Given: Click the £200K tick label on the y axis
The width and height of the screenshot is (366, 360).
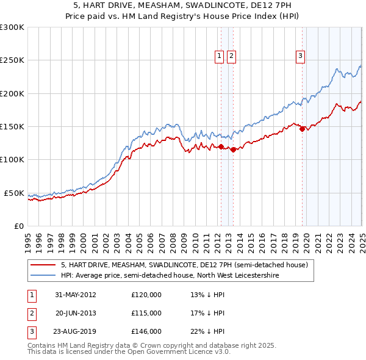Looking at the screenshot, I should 12,93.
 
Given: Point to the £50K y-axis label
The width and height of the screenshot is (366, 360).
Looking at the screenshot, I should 14,193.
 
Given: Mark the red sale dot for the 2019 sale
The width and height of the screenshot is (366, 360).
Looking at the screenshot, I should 302,129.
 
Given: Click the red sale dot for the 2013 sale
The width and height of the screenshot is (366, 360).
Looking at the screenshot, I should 234,149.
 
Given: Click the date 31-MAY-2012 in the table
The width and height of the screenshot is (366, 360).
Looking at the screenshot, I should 76,294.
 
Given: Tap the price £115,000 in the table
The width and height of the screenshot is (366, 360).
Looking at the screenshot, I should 146,313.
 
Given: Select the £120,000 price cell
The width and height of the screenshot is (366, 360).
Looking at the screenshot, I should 146,294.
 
